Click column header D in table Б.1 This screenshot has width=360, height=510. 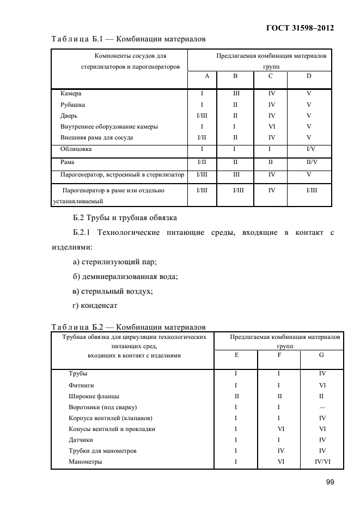click(x=308, y=76)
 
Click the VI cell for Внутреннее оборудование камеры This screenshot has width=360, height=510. click(x=271, y=126)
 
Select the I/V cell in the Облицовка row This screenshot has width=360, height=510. click(x=310, y=149)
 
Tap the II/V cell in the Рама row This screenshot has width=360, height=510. click(x=310, y=162)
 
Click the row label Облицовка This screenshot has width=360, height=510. click(x=76, y=149)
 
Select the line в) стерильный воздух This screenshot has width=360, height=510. click(x=112, y=291)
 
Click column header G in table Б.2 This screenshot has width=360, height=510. click(x=321, y=355)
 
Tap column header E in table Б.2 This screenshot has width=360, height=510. click(x=236, y=355)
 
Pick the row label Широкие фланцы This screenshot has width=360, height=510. click(x=94, y=396)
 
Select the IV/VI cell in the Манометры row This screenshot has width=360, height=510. click(x=321, y=462)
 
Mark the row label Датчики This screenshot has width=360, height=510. click(x=81, y=440)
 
